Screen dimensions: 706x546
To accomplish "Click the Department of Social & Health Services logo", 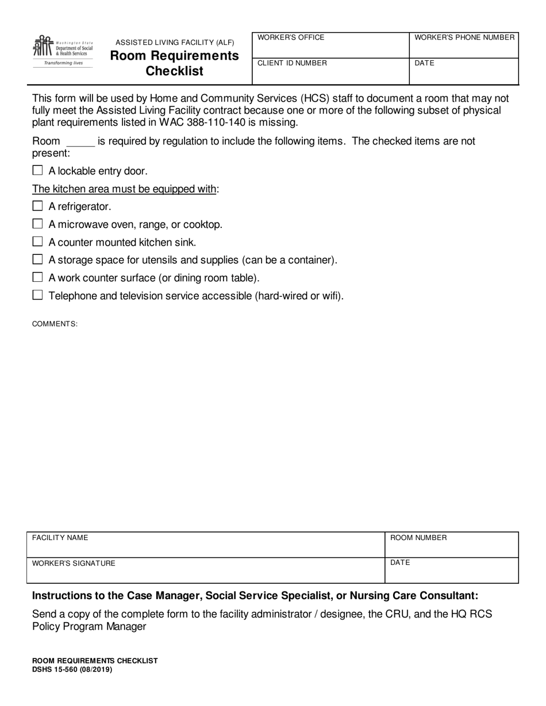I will pos(63,51).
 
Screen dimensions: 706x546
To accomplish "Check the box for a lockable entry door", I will pos(38,170).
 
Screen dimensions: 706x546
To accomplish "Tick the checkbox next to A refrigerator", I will pos(38,206).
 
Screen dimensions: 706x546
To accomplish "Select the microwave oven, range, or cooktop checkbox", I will pos(38,224).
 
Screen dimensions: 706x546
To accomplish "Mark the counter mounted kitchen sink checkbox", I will pos(38,242).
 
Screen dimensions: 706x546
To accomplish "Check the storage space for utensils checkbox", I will pos(38,259).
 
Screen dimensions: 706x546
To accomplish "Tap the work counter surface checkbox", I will pos(38,277).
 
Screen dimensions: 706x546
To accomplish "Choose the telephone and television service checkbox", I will pos(38,295).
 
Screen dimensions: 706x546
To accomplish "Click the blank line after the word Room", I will pos(80,142).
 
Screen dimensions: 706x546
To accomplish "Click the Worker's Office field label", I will pos(291,38).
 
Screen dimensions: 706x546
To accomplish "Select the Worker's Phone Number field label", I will pos(464,38).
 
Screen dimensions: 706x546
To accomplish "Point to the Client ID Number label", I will pos(292,63).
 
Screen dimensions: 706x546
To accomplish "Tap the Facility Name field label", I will pos(60,538).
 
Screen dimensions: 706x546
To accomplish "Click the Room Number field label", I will pos(418,538).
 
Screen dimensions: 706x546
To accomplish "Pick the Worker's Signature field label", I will pos(74,563).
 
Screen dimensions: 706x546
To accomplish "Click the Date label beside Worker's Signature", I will pos(400,563).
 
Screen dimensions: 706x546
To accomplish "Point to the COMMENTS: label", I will pos(55,324).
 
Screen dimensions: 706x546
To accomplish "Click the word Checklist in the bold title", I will pos(174,71).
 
